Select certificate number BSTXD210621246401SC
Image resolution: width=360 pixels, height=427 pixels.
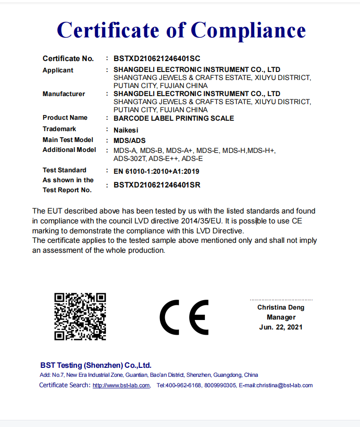(x=157, y=59)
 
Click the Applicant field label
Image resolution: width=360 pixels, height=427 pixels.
(x=58, y=70)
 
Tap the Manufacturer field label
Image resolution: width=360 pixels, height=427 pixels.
(x=64, y=94)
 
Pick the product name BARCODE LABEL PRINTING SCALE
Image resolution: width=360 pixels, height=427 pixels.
(x=174, y=118)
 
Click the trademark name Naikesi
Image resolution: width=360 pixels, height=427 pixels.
(x=126, y=129)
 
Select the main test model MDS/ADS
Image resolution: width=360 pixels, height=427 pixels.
(x=130, y=140)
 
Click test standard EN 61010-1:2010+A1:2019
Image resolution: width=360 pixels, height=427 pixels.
(x=157, y=170)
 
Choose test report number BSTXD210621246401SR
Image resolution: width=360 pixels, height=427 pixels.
(x=157, y=185)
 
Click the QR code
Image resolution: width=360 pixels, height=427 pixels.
(x=80, y=316)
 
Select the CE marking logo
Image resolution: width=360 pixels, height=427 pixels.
(x=184, y=317)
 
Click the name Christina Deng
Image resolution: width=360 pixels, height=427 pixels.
(x=281, y=307)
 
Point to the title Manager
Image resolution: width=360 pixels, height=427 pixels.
(x=281, y=317)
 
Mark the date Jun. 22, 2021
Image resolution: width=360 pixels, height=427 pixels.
(x=281, y=327)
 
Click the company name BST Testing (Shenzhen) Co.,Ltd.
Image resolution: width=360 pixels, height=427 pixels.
(x=96, y=365)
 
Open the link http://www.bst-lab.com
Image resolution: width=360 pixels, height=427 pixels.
(x=121, y=385)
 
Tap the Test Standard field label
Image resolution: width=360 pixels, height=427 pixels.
(x=64, y=170)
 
